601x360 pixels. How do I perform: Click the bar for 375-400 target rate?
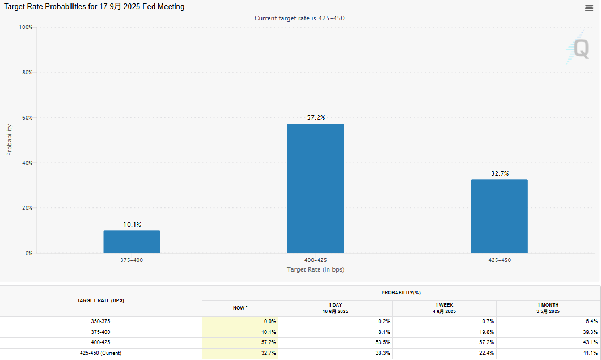coord(132,242)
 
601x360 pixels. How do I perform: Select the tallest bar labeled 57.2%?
coord(315,188)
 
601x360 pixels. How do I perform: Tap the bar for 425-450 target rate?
coord(499,216)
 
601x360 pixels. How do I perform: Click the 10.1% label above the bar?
coord(132,225)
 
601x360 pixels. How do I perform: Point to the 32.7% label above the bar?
coord(499,173)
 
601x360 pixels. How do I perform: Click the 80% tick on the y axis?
coord(26,73)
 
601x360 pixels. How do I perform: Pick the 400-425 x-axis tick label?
coord(315,260)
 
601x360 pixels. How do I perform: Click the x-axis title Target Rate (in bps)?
coord(315,269)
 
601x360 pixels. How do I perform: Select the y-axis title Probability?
coord(9,140)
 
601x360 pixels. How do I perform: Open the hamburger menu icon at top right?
coord(589,8)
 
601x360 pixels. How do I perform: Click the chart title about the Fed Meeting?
coord(94,7)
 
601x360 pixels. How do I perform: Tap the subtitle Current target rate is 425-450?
coord(299,18)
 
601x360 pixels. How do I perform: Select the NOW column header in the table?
coord(240,308)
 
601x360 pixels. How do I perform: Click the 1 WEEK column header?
coord(444,308)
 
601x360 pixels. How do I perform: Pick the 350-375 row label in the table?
coord(101,321)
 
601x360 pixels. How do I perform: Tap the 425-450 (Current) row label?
coord(101,353)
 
